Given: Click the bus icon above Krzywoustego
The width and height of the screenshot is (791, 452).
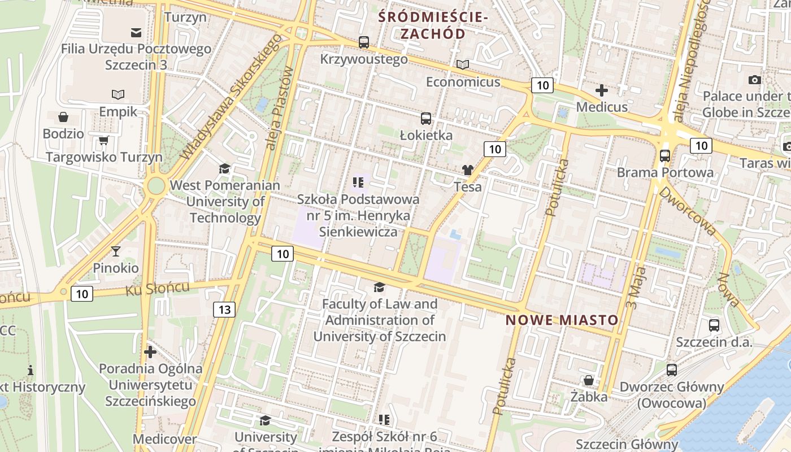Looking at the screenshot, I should coord(364,42).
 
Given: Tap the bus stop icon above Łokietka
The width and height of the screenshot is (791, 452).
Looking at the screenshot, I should coord(426,119).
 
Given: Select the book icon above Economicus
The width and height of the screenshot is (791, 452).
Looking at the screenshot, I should coord(463,65).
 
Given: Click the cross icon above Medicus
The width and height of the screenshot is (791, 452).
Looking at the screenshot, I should coord(602,90).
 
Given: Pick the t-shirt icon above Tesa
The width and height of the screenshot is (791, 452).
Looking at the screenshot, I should coord(467,169).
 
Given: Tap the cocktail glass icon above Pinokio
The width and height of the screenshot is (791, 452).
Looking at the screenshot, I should coord(116,251).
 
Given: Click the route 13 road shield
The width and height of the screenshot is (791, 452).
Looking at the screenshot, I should coord(224,309).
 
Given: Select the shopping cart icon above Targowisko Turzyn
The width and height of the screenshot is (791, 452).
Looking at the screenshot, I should coord(103,140).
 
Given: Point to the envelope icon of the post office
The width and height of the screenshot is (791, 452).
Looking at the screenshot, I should coord(136,32).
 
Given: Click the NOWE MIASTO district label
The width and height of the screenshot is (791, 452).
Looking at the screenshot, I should coord(562,320).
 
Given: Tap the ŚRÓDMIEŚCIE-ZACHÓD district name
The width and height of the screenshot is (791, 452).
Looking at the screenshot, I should coord(433,25).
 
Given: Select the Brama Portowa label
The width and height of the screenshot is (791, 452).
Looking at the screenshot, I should coord(665,172).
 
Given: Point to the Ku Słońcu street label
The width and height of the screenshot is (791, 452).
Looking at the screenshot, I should coord(157,289).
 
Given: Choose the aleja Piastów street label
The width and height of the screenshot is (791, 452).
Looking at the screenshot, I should coord(280,108).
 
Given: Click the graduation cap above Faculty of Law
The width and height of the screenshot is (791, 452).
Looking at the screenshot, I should coord(379,288).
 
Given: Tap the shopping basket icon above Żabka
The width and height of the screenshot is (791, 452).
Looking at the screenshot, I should coord(589,380).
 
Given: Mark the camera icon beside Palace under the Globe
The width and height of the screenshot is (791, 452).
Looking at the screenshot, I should coord(754,80).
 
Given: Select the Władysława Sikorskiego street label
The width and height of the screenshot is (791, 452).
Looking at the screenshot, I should coord(231,97).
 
